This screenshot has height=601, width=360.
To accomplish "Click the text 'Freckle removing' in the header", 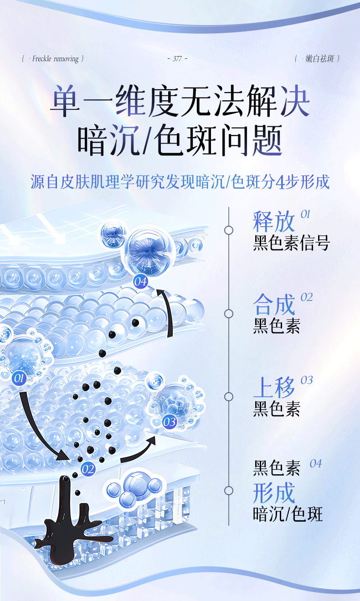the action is pyautogui.click(x=56, y=59).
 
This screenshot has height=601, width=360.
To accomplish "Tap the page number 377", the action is pyautogui.click(x=177, y=59).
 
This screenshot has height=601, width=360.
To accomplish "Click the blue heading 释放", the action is pyautogui.click(x=274, y=222).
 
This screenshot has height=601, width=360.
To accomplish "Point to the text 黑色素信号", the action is pyautogui.click(x=291, y=243).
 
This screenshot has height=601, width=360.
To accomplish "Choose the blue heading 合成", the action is pyautogui.click(x=274, y=305).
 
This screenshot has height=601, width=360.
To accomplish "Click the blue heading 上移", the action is pyautogui.click(x=274, y=388).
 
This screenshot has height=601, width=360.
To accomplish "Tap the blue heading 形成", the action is pyautogui.click(x=274, y=492).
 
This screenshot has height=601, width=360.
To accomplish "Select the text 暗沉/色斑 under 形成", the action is pyautogui.click(x=288, y=514).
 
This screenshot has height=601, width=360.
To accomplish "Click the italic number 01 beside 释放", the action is pyautogui.click(x=305, y=214).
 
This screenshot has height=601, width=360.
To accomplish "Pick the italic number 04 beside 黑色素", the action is pyautogui.click(x=315, y=464).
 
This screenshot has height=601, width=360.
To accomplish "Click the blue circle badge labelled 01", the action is pyautogui.click(x=19, y=378).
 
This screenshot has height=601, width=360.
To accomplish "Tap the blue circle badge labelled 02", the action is pyautogui.click(x=87, y=469).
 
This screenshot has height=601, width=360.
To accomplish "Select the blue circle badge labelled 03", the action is pyautogui.click(x=169, y=422).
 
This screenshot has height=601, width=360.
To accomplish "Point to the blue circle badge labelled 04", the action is pyautogui.click(x=140, y=281).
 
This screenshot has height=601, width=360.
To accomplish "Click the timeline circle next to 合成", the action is pyautogui.click(x=229, y=313).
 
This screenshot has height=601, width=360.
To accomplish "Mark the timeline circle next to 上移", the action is pyautogui.click(x=229, y=396).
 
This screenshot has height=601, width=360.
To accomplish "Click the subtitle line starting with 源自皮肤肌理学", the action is pyautogui.click(x=180, y=182).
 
